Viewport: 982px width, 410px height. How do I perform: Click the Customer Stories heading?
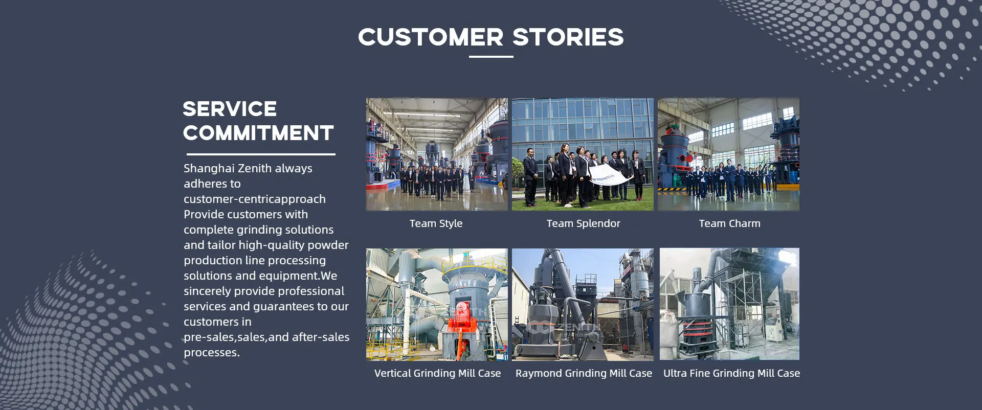click(x=491, y=37)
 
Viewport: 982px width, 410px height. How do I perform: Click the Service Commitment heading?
click(x=258, y=121)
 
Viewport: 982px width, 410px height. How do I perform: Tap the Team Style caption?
click(x=436, y=223)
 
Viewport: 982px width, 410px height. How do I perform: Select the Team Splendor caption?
click(x=583, y=223)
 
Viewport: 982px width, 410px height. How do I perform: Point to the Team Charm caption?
click(x=730, y=223)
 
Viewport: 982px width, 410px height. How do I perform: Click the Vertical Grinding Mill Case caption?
click(x=437, y=373)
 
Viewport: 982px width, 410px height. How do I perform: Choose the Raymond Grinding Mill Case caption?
click(x=584, y=373)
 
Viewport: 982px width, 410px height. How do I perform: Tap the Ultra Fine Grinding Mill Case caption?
click(x=731, y=373)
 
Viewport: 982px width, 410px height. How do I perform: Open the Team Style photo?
click(x=437, y=154)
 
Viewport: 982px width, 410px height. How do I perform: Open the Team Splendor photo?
click(x=583, y=154)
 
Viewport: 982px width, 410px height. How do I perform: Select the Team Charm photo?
click(x=728, y=154)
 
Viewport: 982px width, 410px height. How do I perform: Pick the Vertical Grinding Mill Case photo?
click(x=437, y=305)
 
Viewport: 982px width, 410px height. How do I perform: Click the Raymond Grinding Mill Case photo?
click(x=583, y=305)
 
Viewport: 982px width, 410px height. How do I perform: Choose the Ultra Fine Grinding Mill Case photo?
click(x=729, y=304)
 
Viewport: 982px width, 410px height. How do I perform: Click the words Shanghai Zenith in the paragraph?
click(x=228, y=169)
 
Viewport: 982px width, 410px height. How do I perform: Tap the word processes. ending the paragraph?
click(x=212, y=353)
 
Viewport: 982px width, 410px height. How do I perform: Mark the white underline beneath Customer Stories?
click(x=491, y=57)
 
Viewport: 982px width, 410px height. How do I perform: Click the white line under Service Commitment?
click(x=261, y=154)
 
